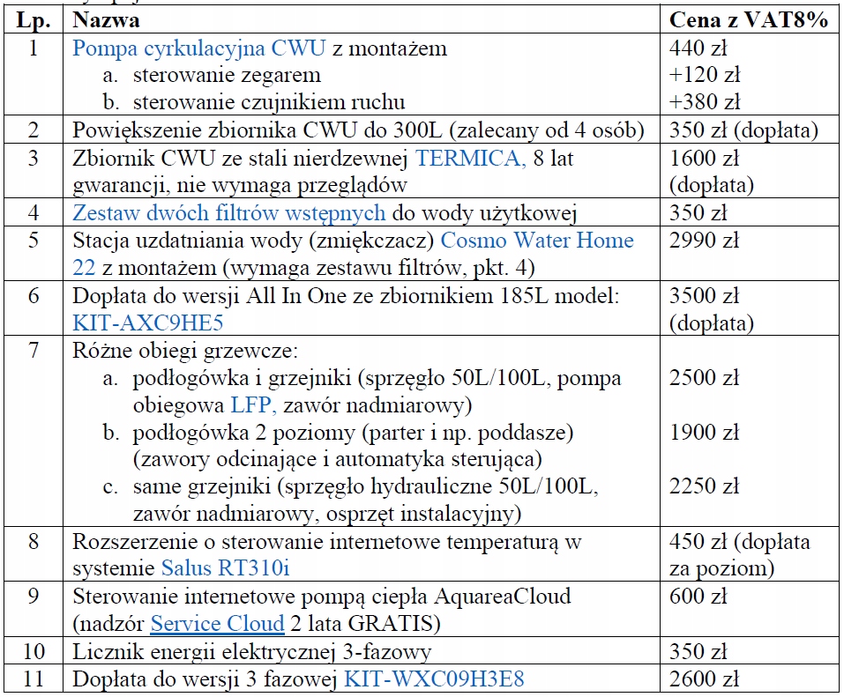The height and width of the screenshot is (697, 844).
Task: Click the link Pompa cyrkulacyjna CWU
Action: (x=199, y=48)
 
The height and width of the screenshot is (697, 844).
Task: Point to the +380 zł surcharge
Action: (x=705, y=102)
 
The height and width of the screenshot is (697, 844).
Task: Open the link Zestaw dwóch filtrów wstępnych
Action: (x=228, y=212)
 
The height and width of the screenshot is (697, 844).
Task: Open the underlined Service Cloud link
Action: (x=217, y=624)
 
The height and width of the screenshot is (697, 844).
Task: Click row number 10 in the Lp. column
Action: (x=34, y=652)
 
